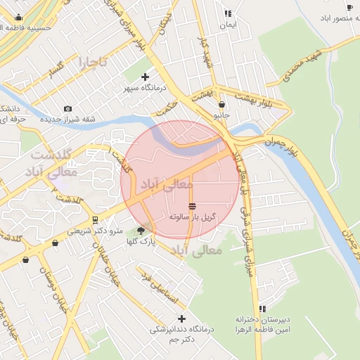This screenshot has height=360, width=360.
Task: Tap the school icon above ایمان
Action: pyautogui.click(x=227, y=13)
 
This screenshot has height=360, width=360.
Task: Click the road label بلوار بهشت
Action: pyautogui.click(x=252, y=98)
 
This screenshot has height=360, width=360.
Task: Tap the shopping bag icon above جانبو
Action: pyautogui.click(x=222, y=104)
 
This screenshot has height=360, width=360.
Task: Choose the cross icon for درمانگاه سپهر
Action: pyautogui.click(x=146, y=77)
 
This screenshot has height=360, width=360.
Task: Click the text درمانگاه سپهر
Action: pyautogui.click(x=145, y=88)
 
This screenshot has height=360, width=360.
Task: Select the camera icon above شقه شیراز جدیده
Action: pyautogui.click(x=67, y=108)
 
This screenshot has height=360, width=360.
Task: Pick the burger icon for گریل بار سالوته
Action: pyautogui.click(x=193, y=206)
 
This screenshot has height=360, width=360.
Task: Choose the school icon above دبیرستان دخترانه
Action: pyautogui.click(x=262, y=308)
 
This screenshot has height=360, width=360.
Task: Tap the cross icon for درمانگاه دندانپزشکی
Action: pyautogui.click(x=181, y=319)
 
